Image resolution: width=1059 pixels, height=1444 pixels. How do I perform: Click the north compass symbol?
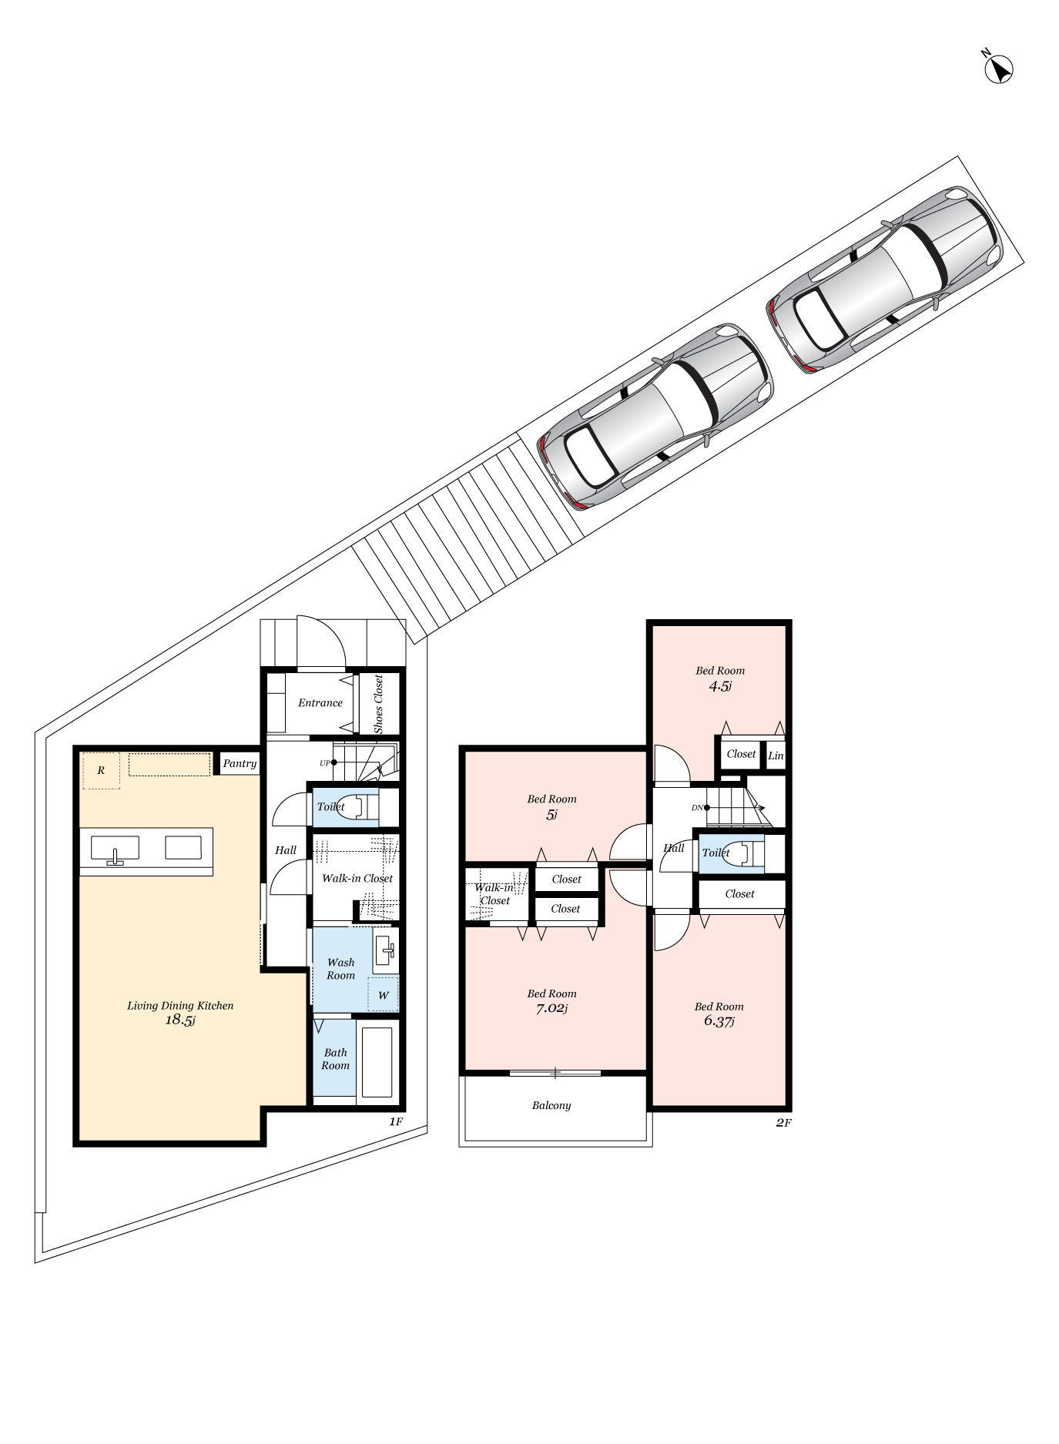tap(999, 69)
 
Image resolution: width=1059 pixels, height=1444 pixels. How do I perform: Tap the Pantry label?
tap(239, 763)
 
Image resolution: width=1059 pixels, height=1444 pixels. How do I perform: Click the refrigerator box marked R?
tap(101, 771)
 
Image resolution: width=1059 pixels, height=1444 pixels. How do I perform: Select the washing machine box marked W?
tap(383, 995)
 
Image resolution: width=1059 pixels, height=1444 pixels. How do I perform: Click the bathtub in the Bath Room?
tap(377, 1062)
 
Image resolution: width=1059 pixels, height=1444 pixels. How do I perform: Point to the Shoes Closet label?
tap(378, 704)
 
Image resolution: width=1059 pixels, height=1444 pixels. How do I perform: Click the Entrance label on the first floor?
tap(320, 702)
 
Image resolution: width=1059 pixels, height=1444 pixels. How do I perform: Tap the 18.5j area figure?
tap(180, 1020)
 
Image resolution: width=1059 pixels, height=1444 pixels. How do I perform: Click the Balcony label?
tap(551, 1105)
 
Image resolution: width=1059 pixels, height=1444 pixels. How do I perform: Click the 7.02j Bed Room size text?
tap(551, 1008)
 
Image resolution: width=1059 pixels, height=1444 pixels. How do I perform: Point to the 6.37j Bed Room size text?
tap(719, 1021)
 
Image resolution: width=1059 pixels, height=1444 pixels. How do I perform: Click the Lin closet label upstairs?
tap(775, 756)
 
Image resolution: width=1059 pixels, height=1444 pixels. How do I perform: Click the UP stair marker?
tap(327, 762)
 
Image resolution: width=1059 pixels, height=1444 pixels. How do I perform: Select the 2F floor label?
tap(783, 1123)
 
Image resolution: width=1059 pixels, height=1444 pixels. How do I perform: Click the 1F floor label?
tap(395, 1121)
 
